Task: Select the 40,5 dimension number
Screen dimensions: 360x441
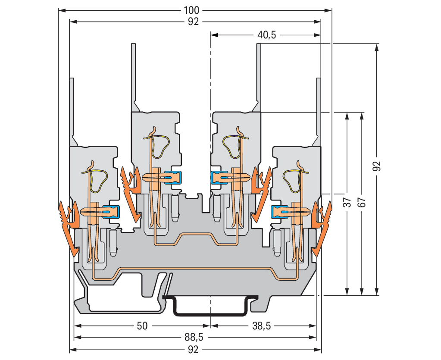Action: pyautogui.click(x=267, y=35)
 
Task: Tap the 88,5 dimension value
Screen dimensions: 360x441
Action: pyautogui.click(x=194, y=337)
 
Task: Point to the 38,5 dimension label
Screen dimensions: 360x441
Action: pyautogui.click(x=262, y=326)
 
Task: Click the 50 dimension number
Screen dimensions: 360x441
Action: pyautogui.click(x=142, y=326)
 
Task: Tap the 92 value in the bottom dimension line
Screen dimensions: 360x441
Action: pyautogui.click(x=194, y=349)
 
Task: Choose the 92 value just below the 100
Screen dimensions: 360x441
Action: pyautogui.click(x=194, y=22)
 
